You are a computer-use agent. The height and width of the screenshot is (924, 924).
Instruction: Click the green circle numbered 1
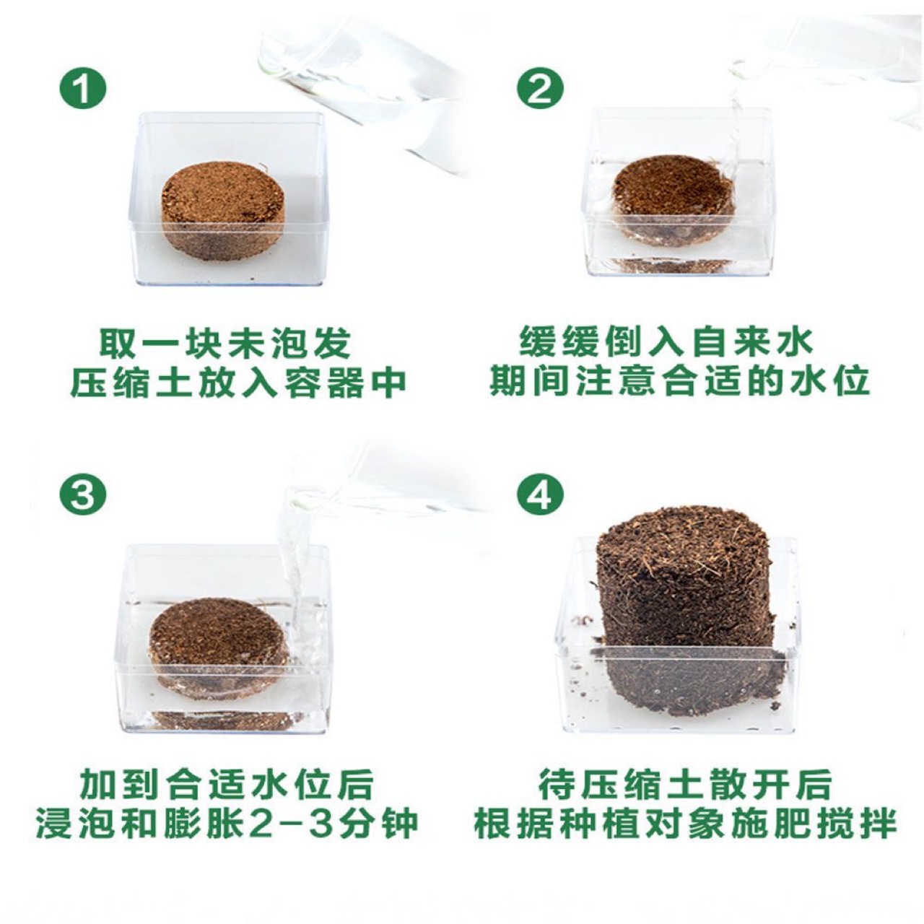click(83, 90)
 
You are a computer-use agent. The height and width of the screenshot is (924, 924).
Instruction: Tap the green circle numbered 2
click(539, 90)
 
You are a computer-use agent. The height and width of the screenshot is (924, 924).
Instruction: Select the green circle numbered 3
click(83, 494)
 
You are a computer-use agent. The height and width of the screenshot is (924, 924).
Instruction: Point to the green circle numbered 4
click(539, 494)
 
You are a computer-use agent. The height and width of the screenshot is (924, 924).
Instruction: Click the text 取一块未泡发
click(225, 344)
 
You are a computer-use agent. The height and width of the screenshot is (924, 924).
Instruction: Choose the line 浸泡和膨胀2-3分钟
click(227, 824)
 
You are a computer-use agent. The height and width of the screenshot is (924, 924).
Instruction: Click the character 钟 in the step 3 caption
click(401, 824)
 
